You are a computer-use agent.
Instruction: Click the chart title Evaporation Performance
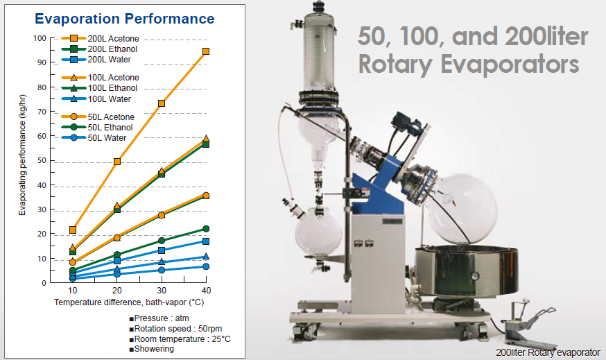124,19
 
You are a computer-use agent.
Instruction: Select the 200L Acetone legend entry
101,38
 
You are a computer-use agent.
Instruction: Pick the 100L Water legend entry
96,98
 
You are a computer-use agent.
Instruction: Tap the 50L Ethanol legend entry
97,127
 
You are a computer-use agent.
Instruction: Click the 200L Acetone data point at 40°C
206,51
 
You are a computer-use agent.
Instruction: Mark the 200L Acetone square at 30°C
162,103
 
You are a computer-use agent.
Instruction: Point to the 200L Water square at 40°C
206,241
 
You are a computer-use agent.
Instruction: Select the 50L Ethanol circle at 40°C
206,229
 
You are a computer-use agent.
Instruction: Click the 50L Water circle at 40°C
206,266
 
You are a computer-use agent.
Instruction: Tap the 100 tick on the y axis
40,38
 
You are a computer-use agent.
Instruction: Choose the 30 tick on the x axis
162,291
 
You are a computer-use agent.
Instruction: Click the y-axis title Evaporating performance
22,155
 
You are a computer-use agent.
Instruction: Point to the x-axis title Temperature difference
129,302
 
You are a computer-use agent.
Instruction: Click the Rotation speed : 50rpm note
175,329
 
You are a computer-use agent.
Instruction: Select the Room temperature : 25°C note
180,339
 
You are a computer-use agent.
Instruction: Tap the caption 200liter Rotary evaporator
548,352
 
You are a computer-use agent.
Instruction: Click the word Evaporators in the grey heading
510,65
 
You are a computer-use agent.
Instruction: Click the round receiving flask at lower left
318,232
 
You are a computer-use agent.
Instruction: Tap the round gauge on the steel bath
474,276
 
